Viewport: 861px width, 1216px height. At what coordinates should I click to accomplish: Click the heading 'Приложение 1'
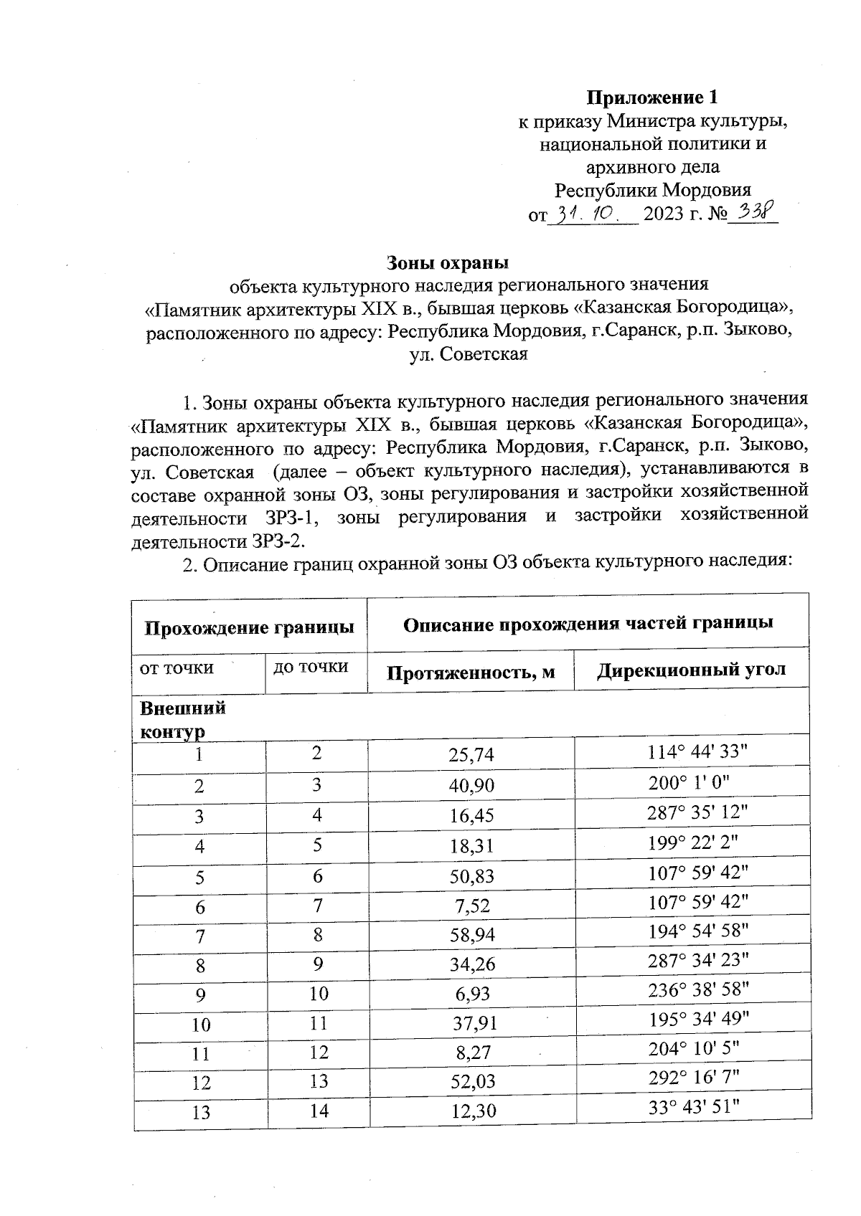coord(652,97)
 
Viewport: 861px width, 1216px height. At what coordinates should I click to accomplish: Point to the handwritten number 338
coord(752,212)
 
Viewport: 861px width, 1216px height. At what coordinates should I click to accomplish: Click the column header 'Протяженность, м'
coord(471,673)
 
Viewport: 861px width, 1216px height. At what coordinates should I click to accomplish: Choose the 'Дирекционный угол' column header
coord(692,670)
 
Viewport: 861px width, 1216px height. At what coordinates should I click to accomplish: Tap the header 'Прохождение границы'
coord(250,627)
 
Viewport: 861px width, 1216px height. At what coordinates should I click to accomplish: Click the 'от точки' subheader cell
coord(177,668)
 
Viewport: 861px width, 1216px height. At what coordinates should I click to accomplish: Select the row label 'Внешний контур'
coord(182,719)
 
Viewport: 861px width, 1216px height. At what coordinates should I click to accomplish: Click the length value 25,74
coord(471,755)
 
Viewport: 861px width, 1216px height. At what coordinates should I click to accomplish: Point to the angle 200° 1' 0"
coord(689,783)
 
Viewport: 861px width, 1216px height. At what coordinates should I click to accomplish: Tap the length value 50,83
coord(471,875)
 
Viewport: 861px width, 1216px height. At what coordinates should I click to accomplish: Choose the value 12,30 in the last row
coord(471,1111)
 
